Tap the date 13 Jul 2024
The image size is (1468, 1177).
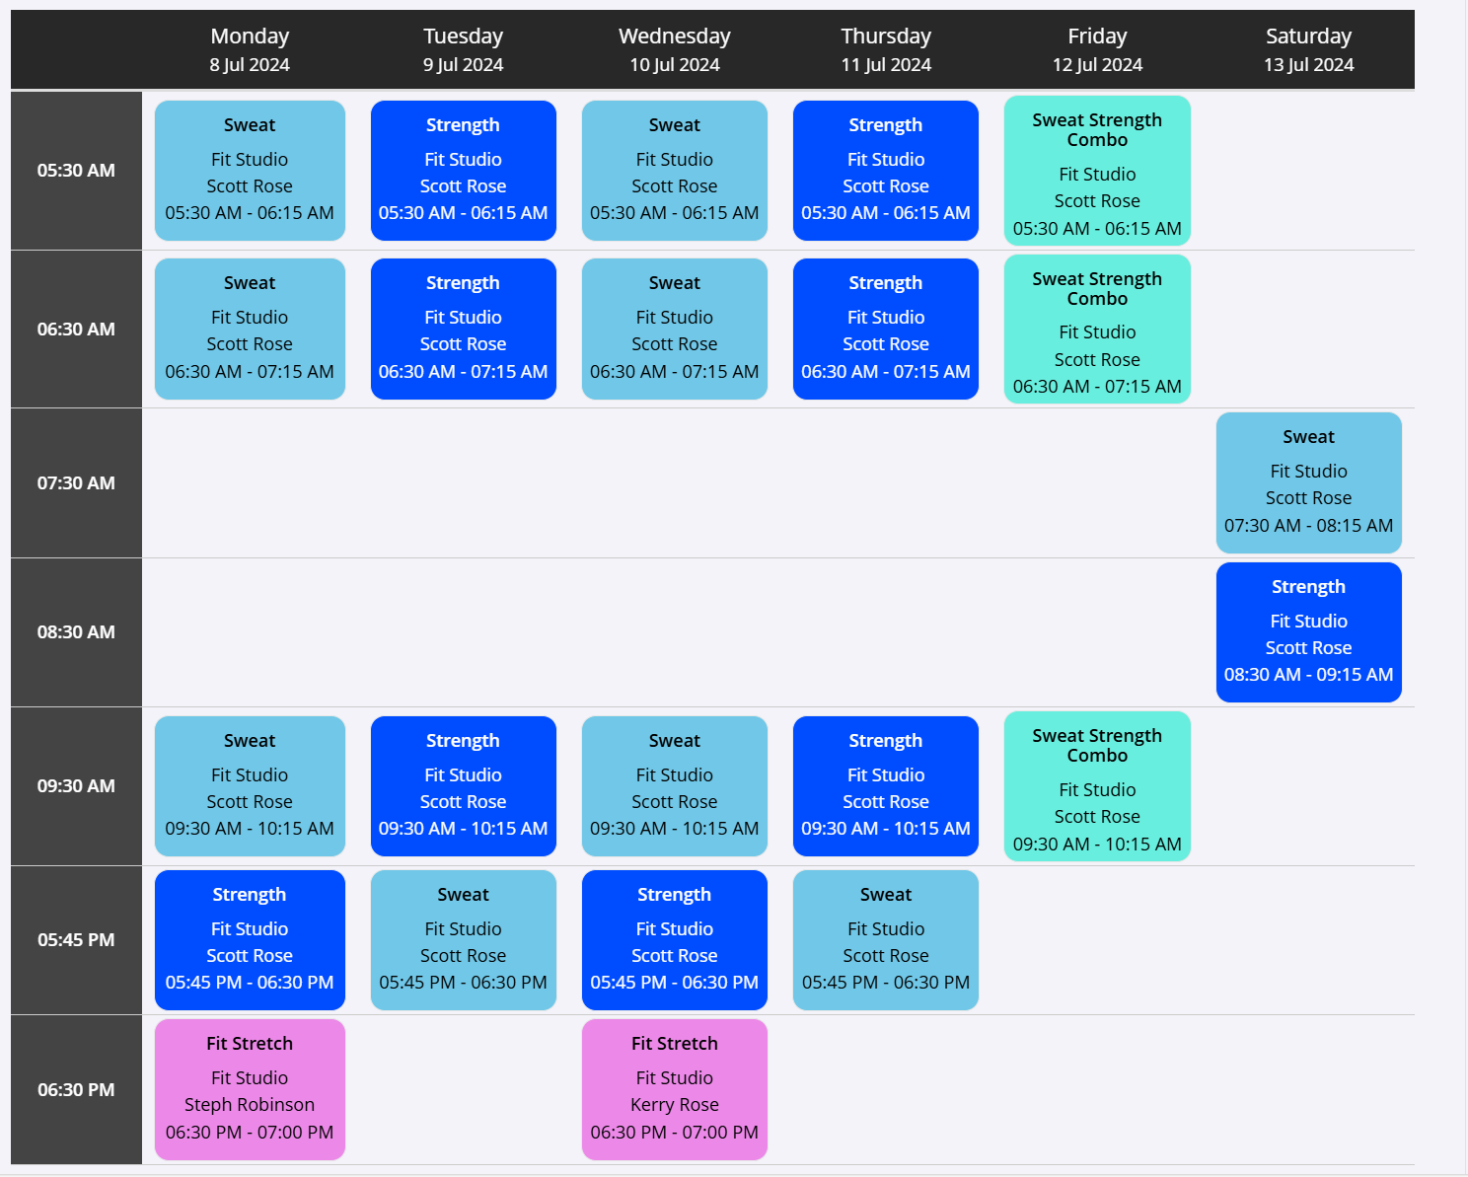[x=1308, y=65]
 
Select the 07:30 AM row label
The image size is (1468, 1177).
[x=76, y=483]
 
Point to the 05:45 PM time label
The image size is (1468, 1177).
[x=76, y=939]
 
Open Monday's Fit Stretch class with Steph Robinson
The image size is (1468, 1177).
[x=250, y=1089]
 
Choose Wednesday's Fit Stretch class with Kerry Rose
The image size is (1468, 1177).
[x=674, y=1089]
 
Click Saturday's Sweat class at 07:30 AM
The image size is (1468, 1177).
[x=1308, y=482]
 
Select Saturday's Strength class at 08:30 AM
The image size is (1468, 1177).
[x=1308, y=631]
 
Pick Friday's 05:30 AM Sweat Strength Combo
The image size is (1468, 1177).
[x=1097, y=171]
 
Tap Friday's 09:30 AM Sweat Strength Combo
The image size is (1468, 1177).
[x=1097, y=786]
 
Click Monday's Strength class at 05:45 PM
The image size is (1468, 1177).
[x=250, y=939]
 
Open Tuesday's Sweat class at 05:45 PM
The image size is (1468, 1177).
[x=463, y=939]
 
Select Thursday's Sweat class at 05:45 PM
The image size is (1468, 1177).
[x=886, y=939]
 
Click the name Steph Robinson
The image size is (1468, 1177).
[x=250, y=1104]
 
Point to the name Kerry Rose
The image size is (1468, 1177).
[x=674, y=1104]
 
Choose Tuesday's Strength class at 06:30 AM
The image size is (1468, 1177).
[x=463, y=329]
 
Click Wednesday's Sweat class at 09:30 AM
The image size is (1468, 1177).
[x=674, y=786]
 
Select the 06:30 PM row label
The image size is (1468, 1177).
[x=76, y=1089]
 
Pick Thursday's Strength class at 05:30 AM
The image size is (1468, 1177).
[x=886, y=171]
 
